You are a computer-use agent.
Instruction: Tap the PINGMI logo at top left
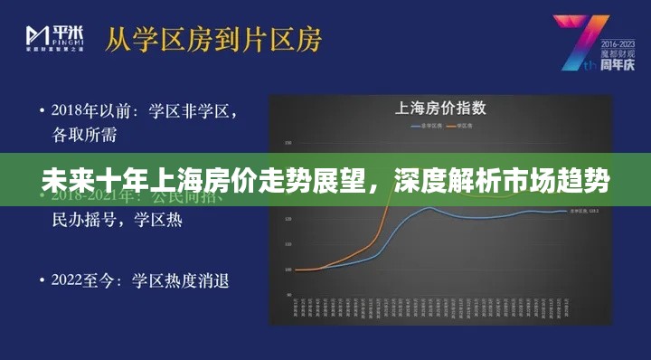point(56,37)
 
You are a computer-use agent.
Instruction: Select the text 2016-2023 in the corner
point(619,43)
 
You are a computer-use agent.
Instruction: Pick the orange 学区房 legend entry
point(462,125)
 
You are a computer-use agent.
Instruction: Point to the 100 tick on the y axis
point(288,270)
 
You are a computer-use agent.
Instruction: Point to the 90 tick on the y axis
point(288,295)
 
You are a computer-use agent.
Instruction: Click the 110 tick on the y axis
point(288,244)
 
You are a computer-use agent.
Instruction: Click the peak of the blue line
point(429,208)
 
